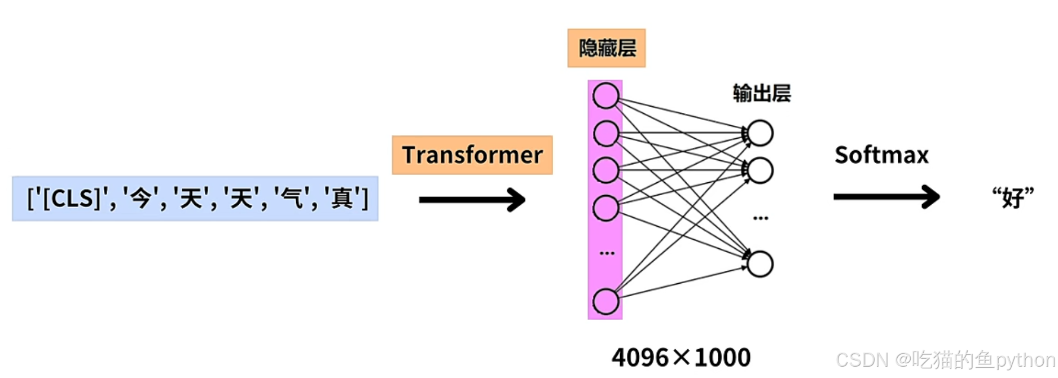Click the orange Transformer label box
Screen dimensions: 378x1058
tap(472, 155)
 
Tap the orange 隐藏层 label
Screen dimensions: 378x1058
tap(606, 48)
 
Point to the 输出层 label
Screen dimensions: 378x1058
tap(761, 93)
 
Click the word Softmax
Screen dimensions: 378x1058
tap(881, 155)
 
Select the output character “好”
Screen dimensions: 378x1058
tap(1013, 198)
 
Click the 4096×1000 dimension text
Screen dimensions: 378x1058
tap(681, 357)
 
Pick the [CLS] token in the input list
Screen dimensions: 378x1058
tap(71, 199)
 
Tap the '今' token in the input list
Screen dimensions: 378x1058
tap(141, 199)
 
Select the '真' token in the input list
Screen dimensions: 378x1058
tap(342, 199)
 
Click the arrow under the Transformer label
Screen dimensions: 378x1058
tap(472, 200)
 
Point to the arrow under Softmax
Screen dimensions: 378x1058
tap(886, 197)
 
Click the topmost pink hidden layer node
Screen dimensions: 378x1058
tap(605, 96)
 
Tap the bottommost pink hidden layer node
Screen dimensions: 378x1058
tap(605, 302)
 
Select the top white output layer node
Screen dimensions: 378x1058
tap(760, 134)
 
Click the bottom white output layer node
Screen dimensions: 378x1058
tap(760, 264)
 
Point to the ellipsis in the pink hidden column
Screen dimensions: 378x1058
tap(607, 253)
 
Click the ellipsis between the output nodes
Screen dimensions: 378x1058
tap(760, 218)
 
